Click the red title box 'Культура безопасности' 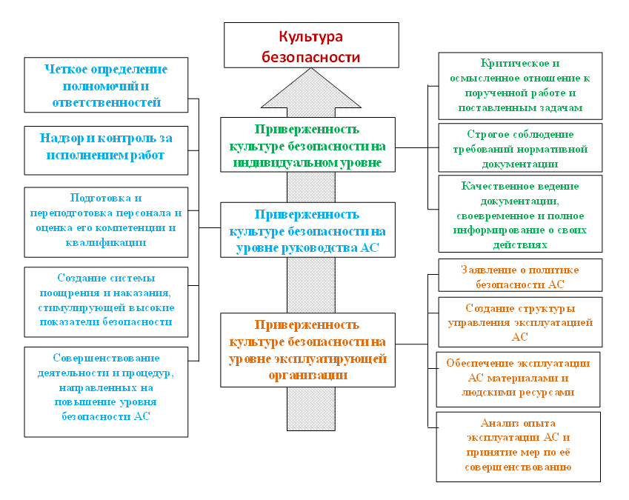311,45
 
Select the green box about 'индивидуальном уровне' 307,144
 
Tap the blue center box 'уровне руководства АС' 307,230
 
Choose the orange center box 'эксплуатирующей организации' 307,350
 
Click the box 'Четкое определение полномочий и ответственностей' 106,85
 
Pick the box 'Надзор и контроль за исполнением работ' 106,150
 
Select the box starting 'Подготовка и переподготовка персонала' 106,222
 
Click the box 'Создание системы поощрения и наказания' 106,302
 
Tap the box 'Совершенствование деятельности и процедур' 106,392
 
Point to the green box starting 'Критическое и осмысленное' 520,86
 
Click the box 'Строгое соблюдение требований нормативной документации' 520,147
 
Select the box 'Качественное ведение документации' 520,214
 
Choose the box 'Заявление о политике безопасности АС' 520,275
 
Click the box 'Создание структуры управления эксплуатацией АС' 520,322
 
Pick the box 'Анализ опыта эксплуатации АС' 519,447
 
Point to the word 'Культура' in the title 311,37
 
